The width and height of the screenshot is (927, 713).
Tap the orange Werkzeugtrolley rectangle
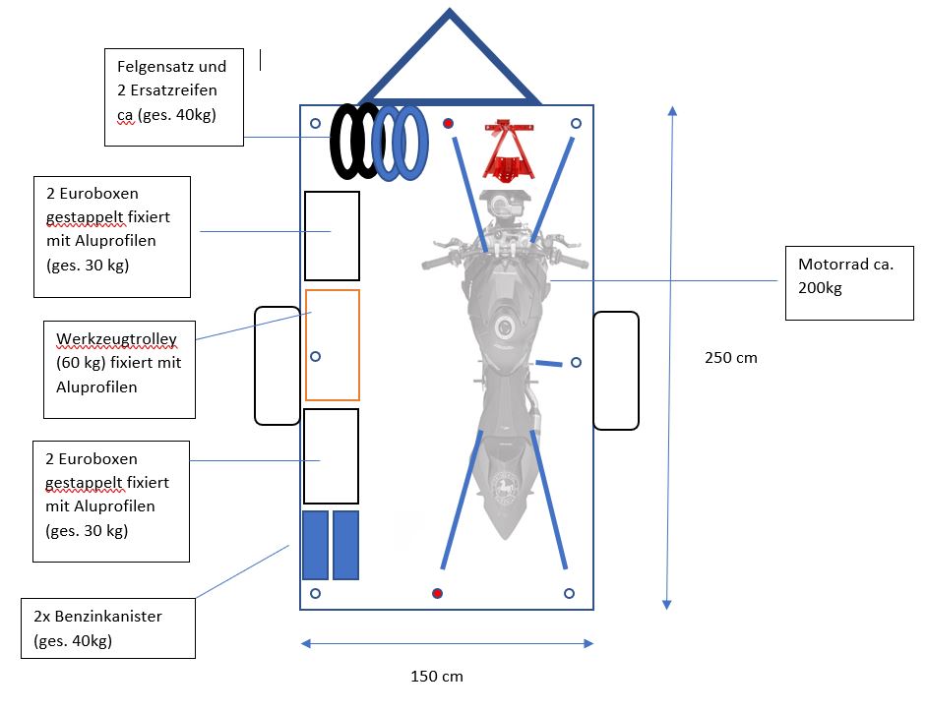coord(333,344)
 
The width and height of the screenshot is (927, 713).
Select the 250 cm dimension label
coord(731,357)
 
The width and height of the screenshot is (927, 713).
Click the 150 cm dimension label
coord(436,677)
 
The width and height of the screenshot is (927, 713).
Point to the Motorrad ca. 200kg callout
coord(849,283)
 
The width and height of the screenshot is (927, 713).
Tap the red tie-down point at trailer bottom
coord(438,593)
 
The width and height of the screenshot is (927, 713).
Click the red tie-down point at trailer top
coord(449,124)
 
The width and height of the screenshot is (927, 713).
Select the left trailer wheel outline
coord(277,365)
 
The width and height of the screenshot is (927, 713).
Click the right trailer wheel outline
coord(616,370)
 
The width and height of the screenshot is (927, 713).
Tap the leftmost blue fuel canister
coord(315,545)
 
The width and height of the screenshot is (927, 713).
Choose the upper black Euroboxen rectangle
coord(332,236)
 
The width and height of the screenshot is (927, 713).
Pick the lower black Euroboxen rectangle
coord(331,456)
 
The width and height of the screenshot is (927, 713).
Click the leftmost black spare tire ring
coord(345,142)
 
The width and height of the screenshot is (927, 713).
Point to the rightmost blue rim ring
coord(411,142)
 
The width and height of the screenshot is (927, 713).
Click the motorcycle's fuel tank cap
coord(506,327)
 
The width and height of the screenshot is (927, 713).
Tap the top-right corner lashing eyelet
coord(577,124)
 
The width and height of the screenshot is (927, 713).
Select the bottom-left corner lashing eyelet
coord(315,593)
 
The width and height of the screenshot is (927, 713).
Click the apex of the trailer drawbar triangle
coord(450,13)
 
